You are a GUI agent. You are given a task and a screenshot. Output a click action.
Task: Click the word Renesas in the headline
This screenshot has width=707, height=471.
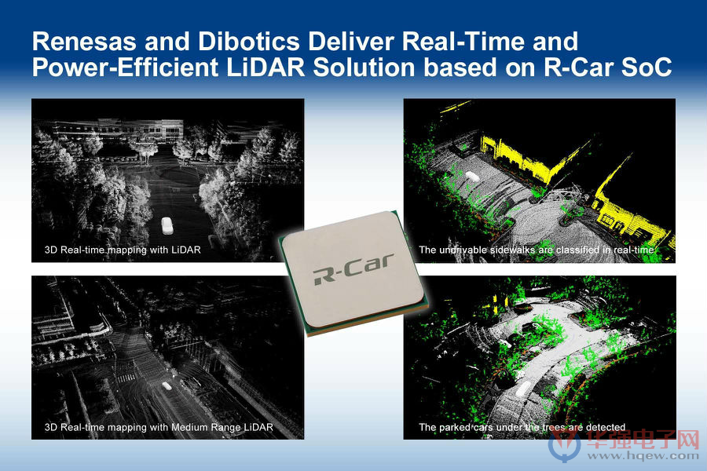coord(84,42)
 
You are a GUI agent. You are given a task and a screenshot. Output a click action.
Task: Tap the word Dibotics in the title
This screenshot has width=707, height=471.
coord(248,42)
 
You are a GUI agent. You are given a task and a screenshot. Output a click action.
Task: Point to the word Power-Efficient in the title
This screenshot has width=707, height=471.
coord(126,68)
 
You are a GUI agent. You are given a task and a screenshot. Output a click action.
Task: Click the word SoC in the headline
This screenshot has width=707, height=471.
coord(647,68)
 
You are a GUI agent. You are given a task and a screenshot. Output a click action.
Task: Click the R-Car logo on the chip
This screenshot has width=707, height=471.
coord(353,269)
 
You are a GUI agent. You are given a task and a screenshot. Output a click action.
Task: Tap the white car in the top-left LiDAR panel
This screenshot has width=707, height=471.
coord(167,226)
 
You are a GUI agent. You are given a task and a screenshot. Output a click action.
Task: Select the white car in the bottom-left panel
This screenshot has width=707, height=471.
coord(167,386)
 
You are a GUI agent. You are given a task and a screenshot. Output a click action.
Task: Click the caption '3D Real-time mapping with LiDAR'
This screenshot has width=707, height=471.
coord(123,250)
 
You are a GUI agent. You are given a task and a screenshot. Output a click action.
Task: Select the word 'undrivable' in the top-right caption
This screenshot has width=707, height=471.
coord(462,250)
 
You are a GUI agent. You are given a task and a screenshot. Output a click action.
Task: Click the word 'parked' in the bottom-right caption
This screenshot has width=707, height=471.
coord(453,427)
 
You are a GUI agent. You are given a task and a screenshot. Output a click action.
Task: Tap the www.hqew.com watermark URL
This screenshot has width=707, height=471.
coord(643,455)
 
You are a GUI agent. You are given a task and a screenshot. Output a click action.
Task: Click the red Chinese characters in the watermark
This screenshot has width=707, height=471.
coord(643,439)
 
